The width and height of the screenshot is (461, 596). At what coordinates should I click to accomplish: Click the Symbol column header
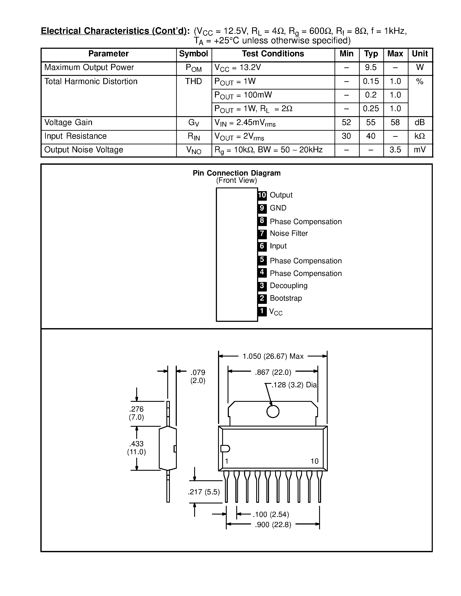tap(193, 54)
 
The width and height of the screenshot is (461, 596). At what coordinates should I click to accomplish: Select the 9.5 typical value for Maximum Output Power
tap(371, 67)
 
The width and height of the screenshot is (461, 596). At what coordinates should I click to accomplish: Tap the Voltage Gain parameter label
tap(68, 122)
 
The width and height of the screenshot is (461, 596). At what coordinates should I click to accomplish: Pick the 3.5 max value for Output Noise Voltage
tap(395, 150)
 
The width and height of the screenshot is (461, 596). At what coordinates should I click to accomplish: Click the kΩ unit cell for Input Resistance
tap(420, 136)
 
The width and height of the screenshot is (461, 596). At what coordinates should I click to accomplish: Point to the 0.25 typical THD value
tap(371, 109)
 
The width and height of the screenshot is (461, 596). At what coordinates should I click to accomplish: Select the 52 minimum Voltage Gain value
tap(346, 122)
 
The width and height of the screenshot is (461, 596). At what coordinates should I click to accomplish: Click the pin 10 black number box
tap(262, 195)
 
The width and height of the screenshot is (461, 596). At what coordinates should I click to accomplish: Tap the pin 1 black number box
tap(262, 311)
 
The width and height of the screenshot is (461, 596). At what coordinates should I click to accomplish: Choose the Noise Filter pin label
tap(289, 233)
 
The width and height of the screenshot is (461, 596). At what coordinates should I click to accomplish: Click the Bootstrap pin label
tap(286, 298)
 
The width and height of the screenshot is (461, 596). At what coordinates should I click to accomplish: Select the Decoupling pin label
tap(288, 285)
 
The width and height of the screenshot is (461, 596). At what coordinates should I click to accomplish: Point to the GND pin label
tap(278, 208)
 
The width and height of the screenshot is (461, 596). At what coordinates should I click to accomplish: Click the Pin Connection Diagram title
tap(236, 173)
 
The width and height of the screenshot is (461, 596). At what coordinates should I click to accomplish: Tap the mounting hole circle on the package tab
tap(272, 412)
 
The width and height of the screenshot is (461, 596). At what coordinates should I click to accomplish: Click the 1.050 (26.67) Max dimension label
tap(273, 356)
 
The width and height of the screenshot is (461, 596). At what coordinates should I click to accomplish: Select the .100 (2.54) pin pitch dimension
tap(271, 515)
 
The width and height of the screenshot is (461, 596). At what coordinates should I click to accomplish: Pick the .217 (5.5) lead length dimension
tap(204, 492)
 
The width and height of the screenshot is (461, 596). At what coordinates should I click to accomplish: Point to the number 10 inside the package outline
tap(314, 461)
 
